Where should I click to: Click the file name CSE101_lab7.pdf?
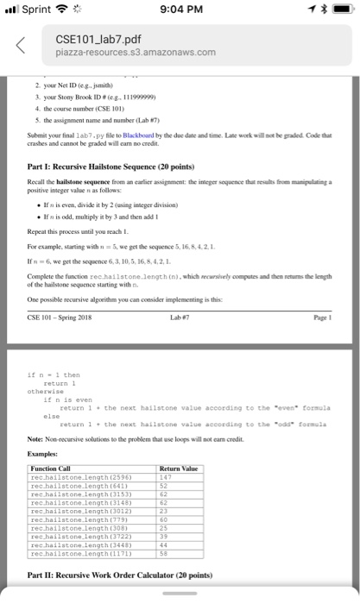(x=98, y=40)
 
